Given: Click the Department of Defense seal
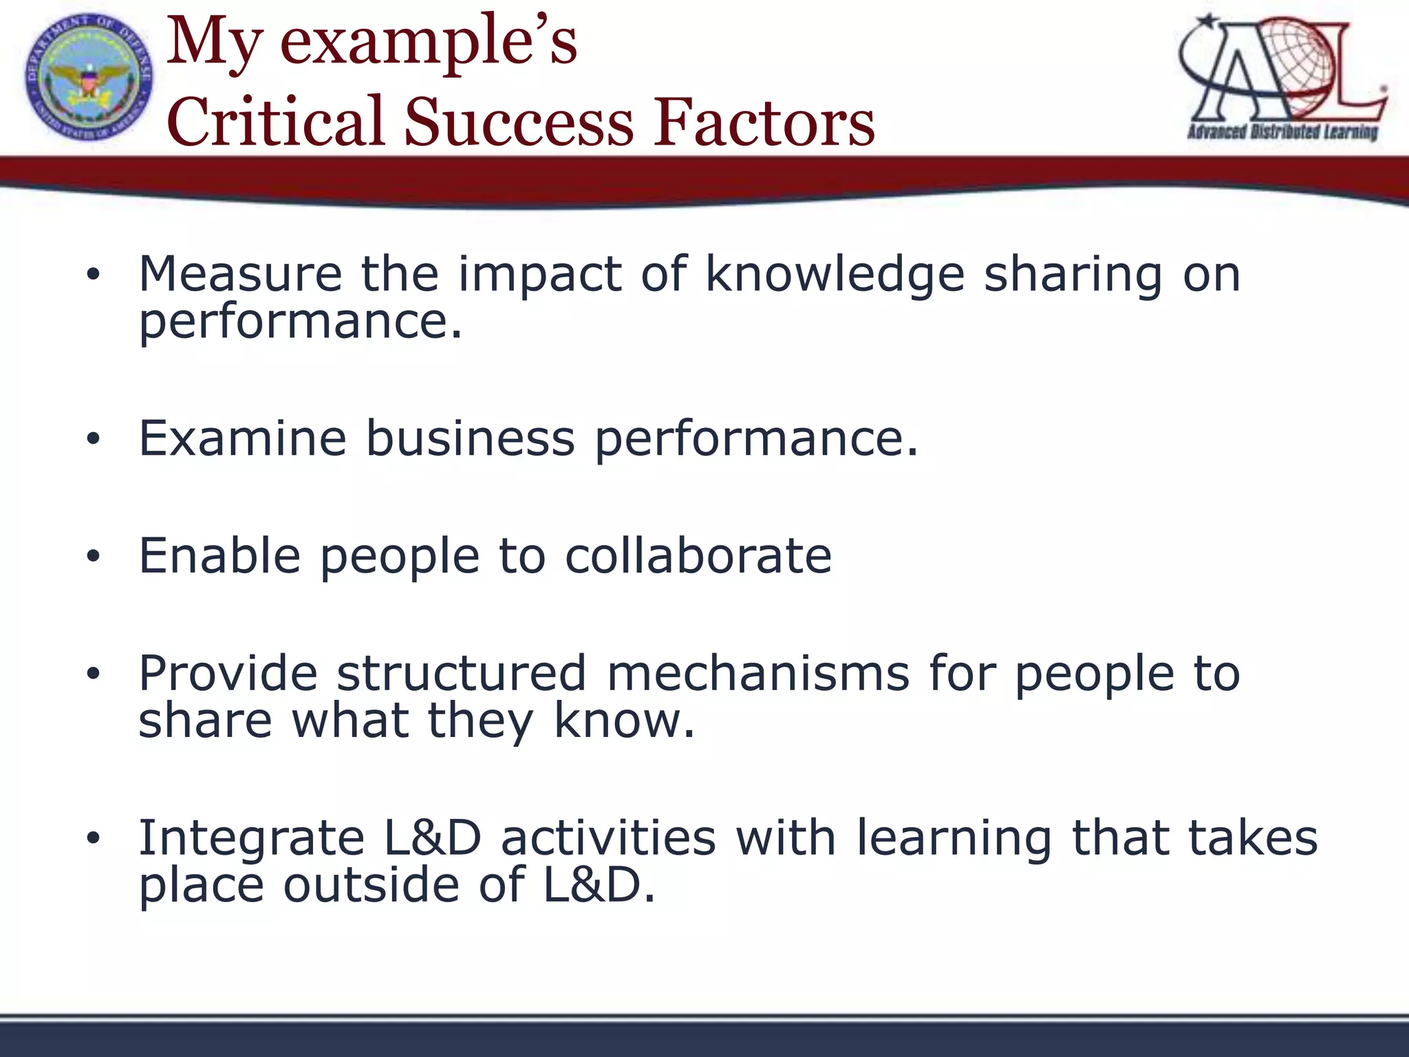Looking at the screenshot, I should pyautogui.click(x=89, y=78).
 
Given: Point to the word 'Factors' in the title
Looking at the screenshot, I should pyautogui.click(x=764, y=122).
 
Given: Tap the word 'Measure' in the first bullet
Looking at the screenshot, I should pyautogui.click(x=240, y=274).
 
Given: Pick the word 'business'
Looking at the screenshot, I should pyautogui.click(x=470, y=438).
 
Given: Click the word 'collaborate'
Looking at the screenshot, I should pyautogui.click(x=698, y=555).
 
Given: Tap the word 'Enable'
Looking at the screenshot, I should pyautogui.click(x=219, y=555).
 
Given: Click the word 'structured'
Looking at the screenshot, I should pyautogui.click(x=461, y=673).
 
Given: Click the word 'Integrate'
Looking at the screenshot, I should pyautogui.click(x=251, y=839).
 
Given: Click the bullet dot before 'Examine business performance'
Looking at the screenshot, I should pyautogui.click(x=94, y=439).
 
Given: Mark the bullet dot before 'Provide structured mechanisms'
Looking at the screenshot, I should pyautogui.click(x=94, y=674).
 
